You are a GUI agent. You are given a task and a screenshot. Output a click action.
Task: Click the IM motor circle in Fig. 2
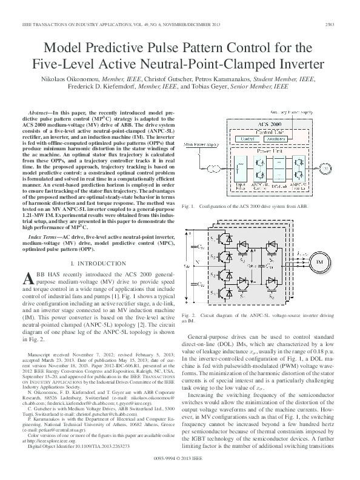coord(318,278)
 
